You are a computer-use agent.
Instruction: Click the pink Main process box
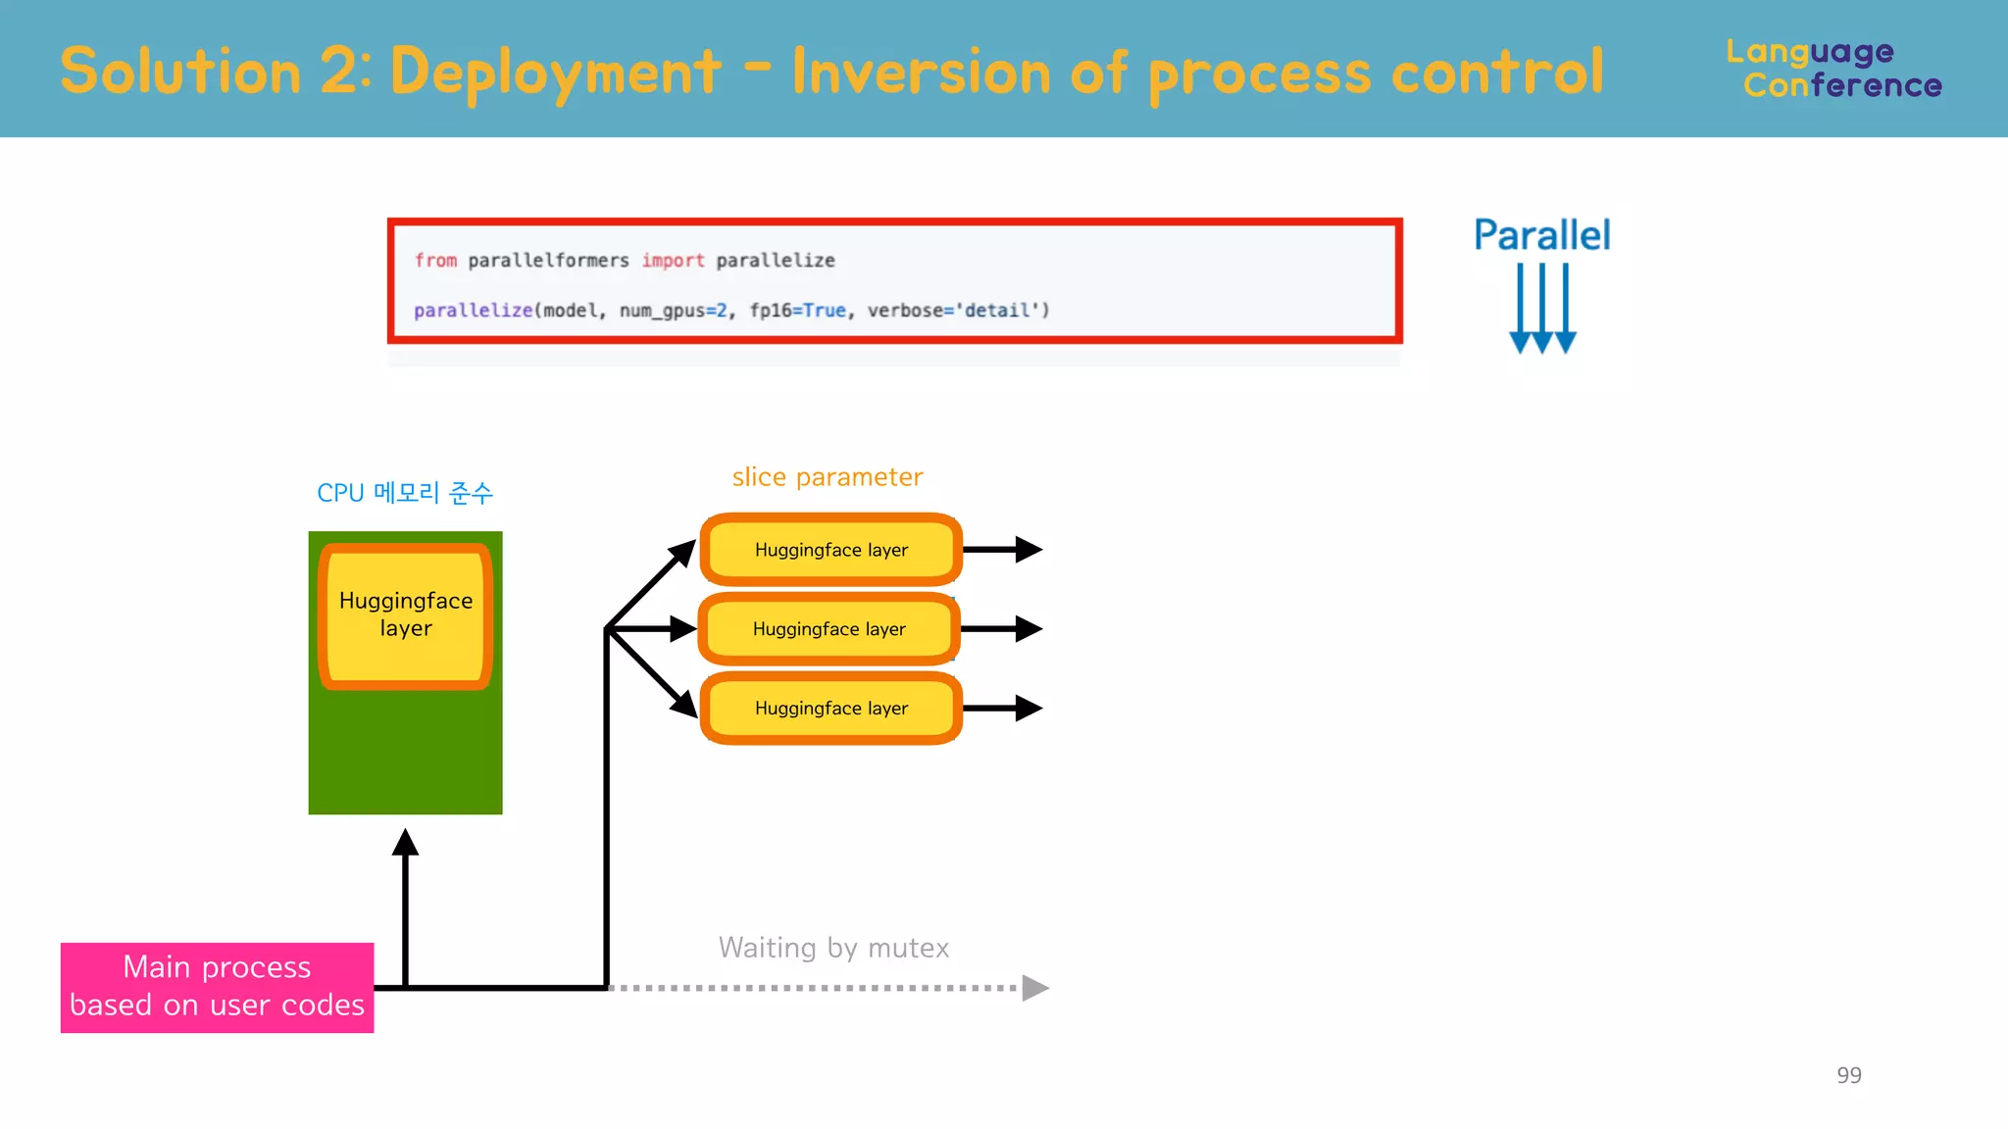[x=217, y=987]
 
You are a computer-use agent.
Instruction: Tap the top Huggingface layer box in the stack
[x=830, y=550]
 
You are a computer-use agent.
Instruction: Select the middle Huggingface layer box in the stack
[x=828, y=629]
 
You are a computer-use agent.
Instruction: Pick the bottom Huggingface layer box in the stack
[x=830, y=709]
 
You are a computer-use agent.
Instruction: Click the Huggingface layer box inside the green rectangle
[x=405, y=615]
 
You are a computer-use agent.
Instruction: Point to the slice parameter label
[x=827, y=477]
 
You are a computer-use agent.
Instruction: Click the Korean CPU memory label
[x=404, y=493]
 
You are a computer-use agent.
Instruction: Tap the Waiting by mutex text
[x=833, y=948]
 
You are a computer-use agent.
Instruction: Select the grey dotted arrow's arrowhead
[x=1033, y=988]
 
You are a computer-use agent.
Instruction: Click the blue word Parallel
[x=1541, y=235]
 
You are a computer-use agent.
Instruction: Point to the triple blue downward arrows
[x=1541, y=309]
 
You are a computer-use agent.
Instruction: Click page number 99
[x=1848, y=1075]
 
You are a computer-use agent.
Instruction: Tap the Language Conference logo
[x=1833, y=69]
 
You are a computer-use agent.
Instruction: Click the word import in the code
[x=673, y=261]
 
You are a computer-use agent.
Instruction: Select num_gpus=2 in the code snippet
[x=673, y=311]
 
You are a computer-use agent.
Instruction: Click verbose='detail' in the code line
[x=957, y=311]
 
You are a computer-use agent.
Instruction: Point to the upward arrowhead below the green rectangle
[x=405, y=842]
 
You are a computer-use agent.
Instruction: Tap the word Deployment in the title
[x=555, y=73]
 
